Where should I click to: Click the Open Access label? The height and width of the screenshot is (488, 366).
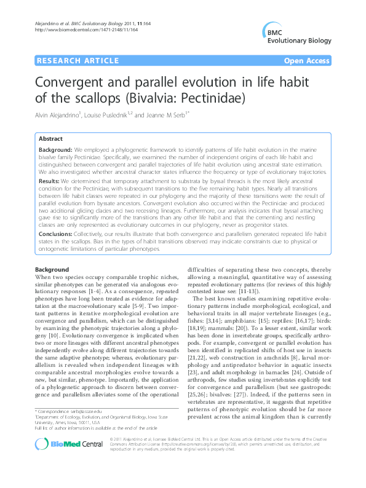pyautogui.click(x=308, y=61)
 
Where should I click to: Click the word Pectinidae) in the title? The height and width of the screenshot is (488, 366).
pyautogui.click(x=209, y=98)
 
